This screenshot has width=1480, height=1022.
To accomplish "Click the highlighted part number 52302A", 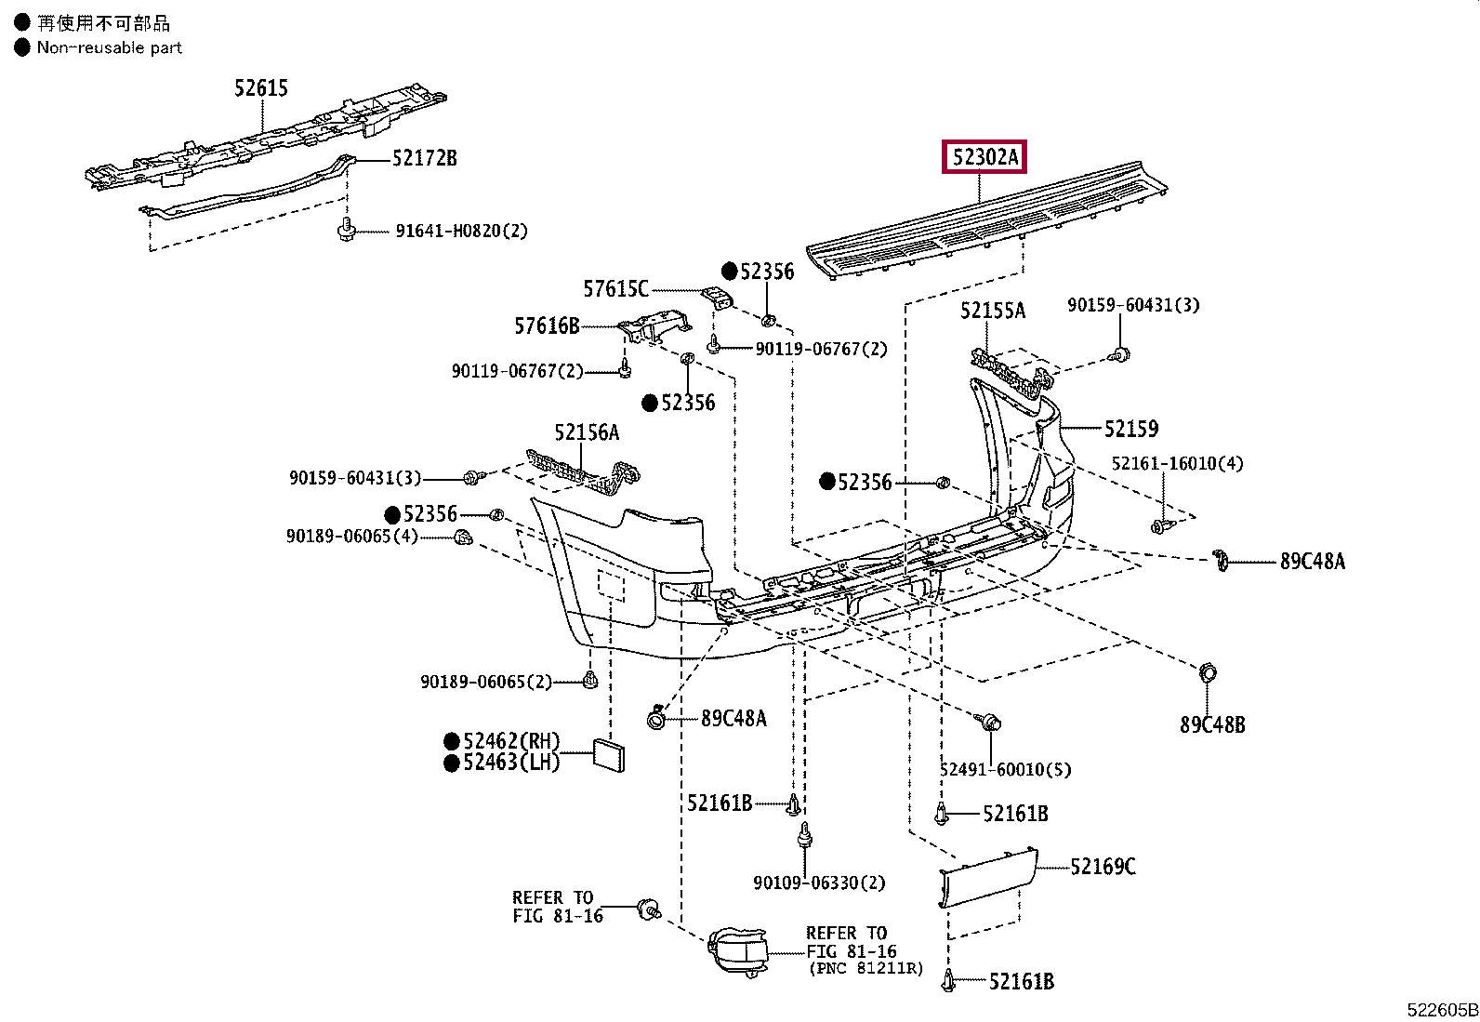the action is pyautogui.click(x=984, y=156).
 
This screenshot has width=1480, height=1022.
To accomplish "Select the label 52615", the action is pyautogui.click(x=261, y=88).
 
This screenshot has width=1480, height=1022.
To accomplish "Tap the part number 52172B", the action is pyautogui.click(x=424, y=158).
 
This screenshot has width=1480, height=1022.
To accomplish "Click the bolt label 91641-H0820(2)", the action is pyautogui.click(x=462, y=231).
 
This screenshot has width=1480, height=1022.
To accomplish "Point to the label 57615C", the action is pyautogui.click(x=615, y=289).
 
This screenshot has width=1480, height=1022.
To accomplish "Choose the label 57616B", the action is pyautogui.click(x=547, y=325).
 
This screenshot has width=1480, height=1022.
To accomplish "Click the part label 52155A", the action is pyautogui.click(x=992, y=310).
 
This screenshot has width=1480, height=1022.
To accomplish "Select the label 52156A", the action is pyautogui.click(x=587, y=432).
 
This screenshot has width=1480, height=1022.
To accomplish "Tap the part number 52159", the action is pyautogui.click(x=1131, y=429).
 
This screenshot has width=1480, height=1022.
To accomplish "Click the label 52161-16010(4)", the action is pyautogui.click(x=1177, y=463).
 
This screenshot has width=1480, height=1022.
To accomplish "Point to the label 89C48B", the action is pyautogui.click(x=1212, y=725).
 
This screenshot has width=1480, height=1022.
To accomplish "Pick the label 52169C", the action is pyautogui.click(x=1103, y=867).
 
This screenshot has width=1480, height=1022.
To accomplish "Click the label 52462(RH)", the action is pyautogui.click(x=510, y=740).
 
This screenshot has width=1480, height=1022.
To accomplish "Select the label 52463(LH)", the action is pyautogui.click(x=510, y=763).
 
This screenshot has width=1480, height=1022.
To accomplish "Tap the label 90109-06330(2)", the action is pyautogui.click(x=819, y=883).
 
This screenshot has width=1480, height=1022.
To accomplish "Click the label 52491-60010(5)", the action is pyautogui.click(x=1006, y=769).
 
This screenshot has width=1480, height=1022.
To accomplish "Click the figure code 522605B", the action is pyautogui.click(x=1442, y=1009).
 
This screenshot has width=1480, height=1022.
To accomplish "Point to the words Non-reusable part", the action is pyautogui.click(x=109, y=47).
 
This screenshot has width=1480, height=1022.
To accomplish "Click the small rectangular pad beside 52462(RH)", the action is pyautogui.click(x=609, y=756).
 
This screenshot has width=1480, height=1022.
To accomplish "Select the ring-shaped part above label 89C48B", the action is pyautogui.click(x=1207, y=673).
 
